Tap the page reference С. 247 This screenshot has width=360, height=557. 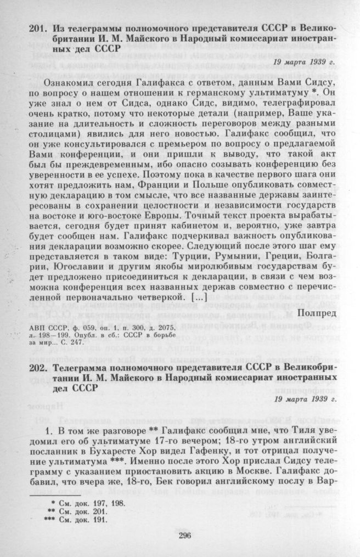click(x=123, y=343)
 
